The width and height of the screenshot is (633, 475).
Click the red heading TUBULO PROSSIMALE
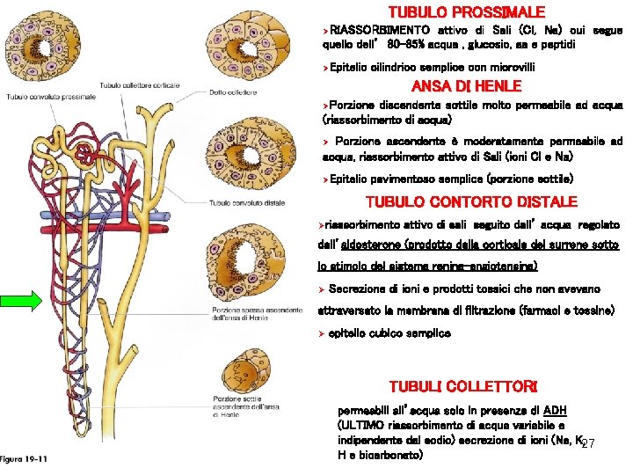tap(467, 12)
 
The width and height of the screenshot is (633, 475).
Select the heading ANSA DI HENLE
tap(467, 85)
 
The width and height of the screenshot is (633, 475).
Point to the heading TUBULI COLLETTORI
tap(462, 387)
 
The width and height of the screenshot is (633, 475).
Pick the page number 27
tap(588, 442)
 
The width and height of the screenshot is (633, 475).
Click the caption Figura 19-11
tap(25, 459)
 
